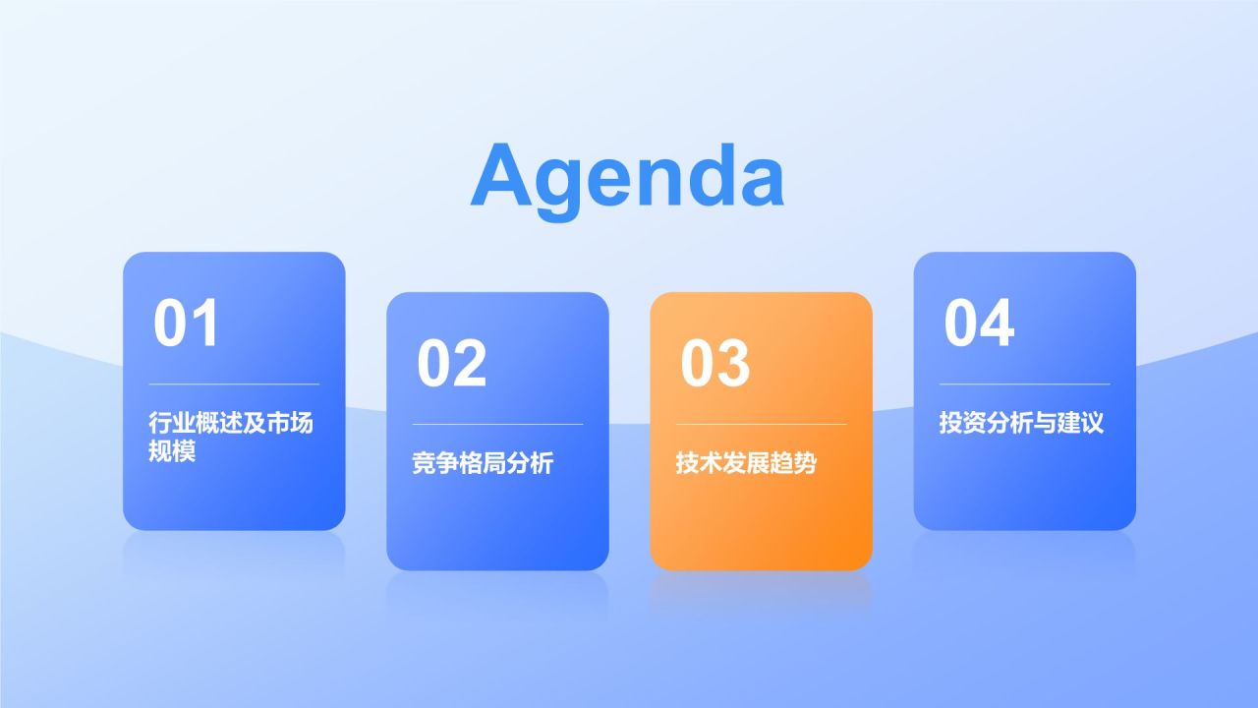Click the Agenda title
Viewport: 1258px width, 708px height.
pyautogui.click(x=627, y=179)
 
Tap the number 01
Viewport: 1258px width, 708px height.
pyautogui.click(x=186, y=323)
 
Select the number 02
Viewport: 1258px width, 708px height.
pyautogui.click(x=451, y=363)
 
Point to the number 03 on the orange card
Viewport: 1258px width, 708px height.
pyautogui.click(x=715, y=363)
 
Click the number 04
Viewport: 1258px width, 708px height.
pyautogui.click(x=979, y=323)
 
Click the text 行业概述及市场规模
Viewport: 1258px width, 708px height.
pyautogui.click(x=231, y=437)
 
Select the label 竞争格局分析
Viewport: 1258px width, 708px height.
pyautogui.click(x=483, y=463)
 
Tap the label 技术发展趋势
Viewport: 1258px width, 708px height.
pyautogui.click(x=746, y=463)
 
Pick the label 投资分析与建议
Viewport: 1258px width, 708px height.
pyautogui.click(x=1021, y=423)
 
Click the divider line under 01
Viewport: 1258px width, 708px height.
pyautogui.click(x=234, y=384)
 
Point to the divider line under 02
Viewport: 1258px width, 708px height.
pyautogui.click(x=497, y=424)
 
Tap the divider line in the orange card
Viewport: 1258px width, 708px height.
pyautogui.click(x=761, y=424)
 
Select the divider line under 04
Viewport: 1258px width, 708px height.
pyautogui.click(x=1025, y=384)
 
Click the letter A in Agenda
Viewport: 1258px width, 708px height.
pyautogui.click(x=501, y=175)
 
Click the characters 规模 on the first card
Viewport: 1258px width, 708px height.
pyautogui.click(x=172, y=450)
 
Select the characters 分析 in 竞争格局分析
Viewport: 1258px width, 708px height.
pyautogui.click(x=530, y=463)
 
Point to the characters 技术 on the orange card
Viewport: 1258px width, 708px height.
pyautogui.click(x=699, y=463)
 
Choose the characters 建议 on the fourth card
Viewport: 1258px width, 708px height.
pyautogui.click(x=1080, y=423)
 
